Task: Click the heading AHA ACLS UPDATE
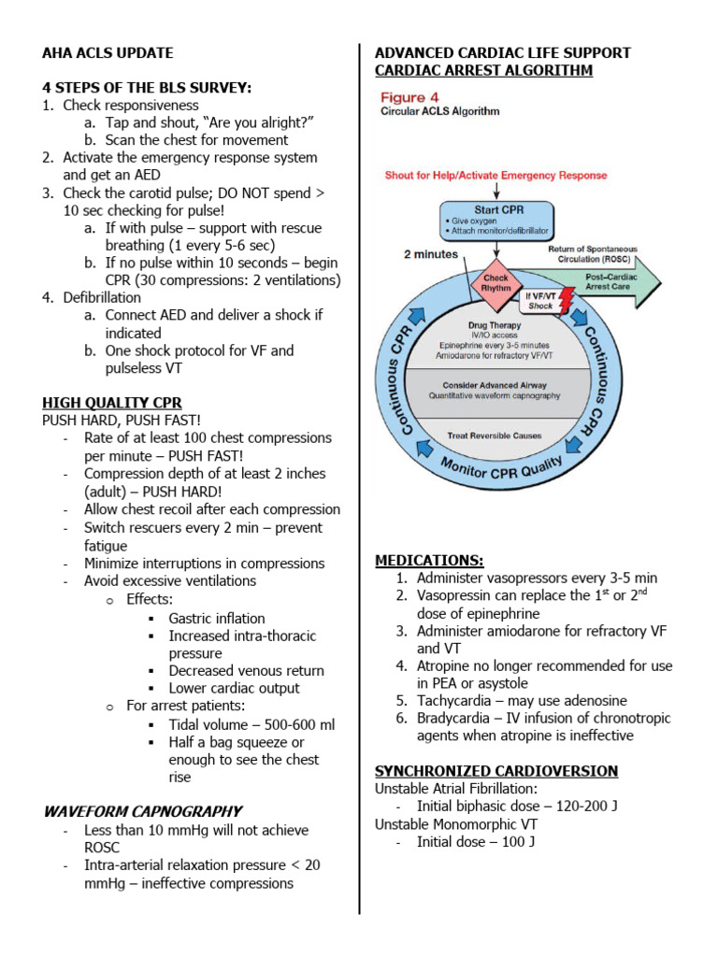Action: tap(108, 52)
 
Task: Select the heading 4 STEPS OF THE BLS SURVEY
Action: tap(147, 88)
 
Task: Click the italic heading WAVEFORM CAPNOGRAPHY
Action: tap(142, 811)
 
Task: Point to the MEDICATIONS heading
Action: tap(429, 560)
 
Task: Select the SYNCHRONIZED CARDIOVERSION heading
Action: tap(495, 771)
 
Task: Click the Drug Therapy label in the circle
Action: tap(495, 325)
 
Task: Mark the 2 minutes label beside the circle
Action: tap(431, 254)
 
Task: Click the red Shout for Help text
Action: tap(495, 175)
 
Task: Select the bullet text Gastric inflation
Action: tap(216, 618)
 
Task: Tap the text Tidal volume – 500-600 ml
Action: tap(251, 724)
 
